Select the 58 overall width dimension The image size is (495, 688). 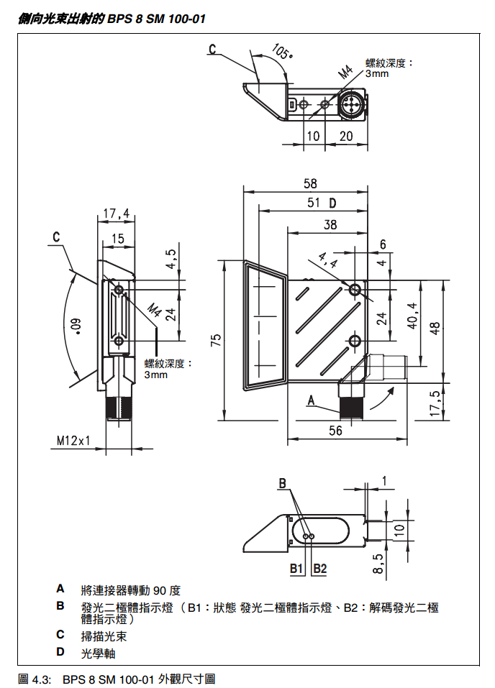click(x=309, y=184)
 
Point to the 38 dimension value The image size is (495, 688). click(x=330, y=225)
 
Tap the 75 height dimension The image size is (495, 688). click(x=214, y=339)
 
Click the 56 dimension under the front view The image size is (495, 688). click(x=335, y=431)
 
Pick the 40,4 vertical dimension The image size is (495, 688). click(x=412, y=316)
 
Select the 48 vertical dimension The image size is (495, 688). click(x=435, y=326)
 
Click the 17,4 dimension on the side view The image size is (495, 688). click(x=117, y=214)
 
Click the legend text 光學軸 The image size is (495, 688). click(x=99, y=653)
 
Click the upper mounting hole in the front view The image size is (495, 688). click(x=355, y=290)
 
